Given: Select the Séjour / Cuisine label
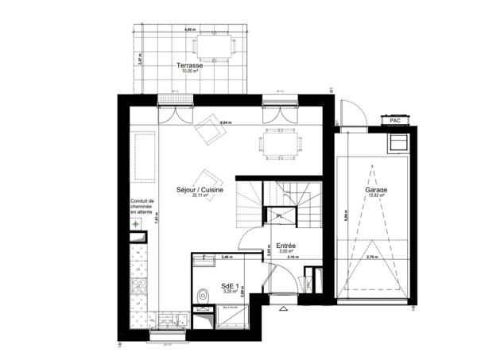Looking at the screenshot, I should tap(200, 191).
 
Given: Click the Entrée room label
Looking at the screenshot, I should tap(287, 246).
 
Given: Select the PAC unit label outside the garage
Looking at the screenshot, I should tap(395, 121).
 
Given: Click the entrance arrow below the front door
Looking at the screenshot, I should tap(284, 307).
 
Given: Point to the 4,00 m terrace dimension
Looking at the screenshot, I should tap(188, 29).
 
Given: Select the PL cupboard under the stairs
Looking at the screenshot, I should tap(279, 215).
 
